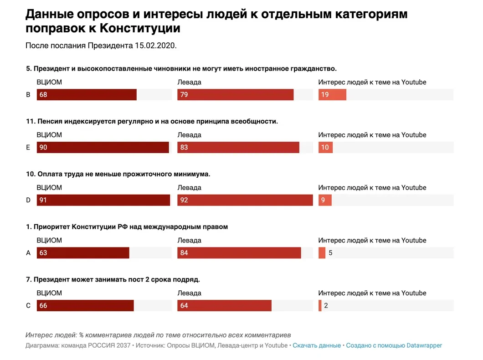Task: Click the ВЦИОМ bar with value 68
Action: click(x=87, y=95)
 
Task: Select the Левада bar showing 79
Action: click(x=235, y=95)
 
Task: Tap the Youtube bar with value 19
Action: click(x=332, y=95)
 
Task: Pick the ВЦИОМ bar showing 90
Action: click(x=103, y=148)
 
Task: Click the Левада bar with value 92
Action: click(x=245, y=200)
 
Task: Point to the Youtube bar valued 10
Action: click(x=325, y=148)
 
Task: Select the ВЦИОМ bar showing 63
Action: click(x=83, y=253)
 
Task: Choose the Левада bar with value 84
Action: click(x=239, y=253)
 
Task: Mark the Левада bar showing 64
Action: click(x=224, y=306)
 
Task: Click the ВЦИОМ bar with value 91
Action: click(x=103, y=200)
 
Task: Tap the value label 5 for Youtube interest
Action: click(x=330, y=253)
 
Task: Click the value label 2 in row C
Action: click(x=326, y=306)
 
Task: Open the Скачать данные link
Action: click(x=317, y=345)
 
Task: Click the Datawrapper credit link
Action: click(x=394, y=345)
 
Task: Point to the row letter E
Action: click(x=28, y=148)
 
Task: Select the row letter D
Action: click(x=28, y=200)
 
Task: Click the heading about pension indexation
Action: click(x=152, y=121)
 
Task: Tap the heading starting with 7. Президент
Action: click(x=113, y=279)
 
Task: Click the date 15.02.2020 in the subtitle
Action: click(x=155, y=46)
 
